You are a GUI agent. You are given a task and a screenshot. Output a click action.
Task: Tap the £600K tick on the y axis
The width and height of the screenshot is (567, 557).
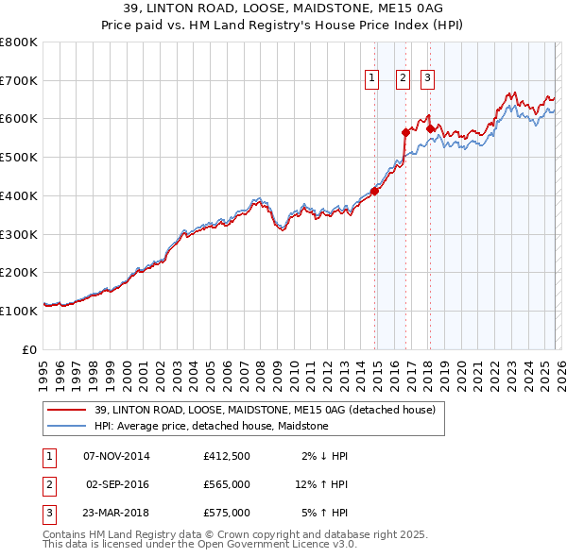click(19, 119)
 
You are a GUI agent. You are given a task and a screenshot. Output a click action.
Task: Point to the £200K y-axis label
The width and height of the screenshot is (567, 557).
click(19, 272)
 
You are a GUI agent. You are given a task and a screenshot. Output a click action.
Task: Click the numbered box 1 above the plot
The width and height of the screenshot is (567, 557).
click(371, 78)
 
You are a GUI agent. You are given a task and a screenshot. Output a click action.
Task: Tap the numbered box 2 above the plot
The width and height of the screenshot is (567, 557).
click(403, 78)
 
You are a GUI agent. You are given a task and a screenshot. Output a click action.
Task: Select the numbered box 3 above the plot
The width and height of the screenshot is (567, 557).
click(427, 78)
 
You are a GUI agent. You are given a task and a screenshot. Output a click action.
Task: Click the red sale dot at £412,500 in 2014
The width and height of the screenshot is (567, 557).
click(374, 191)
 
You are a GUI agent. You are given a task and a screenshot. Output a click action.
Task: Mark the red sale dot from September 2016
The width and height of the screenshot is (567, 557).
click(405, 132)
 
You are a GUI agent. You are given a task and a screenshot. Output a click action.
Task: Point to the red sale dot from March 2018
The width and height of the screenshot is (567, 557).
click(430, 128)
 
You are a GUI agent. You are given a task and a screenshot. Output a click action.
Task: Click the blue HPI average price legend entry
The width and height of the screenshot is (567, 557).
click(211, 426)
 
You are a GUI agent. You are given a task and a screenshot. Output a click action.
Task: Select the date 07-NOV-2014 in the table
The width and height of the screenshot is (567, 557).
click(116, 456)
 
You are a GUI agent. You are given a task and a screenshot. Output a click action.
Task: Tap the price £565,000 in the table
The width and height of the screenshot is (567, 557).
click(226, 484)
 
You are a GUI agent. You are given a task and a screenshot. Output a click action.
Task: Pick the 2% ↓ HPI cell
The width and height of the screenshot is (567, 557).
click(325, 456)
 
